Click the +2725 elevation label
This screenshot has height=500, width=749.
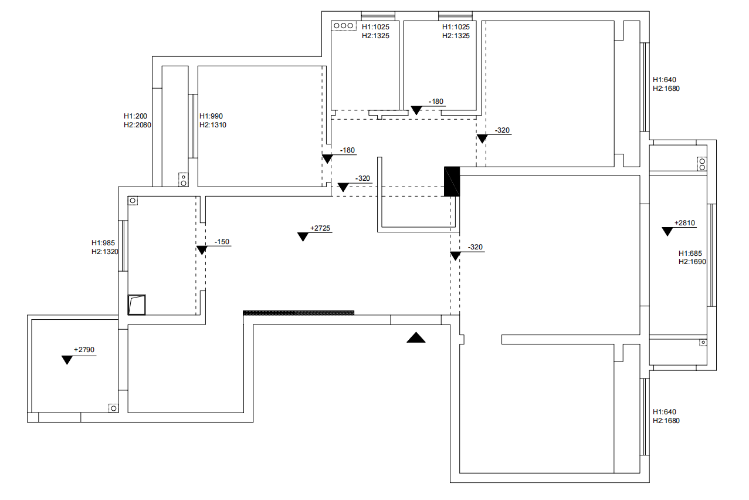click(x=321, y=228)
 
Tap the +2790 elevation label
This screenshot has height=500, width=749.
click(x=84, y=350)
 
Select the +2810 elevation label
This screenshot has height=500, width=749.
click(x=684, y=223)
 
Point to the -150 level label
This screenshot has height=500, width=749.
click(x=222, y=242)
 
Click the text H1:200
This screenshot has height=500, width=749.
click(x=135, y=116)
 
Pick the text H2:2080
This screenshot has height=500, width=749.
click(x=138, y=125)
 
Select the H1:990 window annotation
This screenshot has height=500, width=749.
click(x=211, y=116)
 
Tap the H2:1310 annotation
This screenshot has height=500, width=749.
click(x=213, y=125)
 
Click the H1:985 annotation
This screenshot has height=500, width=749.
click(x=103, y=242)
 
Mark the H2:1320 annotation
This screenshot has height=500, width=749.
click(x=105, y=251)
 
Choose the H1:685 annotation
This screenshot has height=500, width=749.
click(x=690, y=254)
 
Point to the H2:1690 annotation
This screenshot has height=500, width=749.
click(x=692, y=262)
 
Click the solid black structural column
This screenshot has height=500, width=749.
click(x=452, y=181)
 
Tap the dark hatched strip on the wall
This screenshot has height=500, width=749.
click(x=299, y=313)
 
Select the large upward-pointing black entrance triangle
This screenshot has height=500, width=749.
click(x=416, y=337)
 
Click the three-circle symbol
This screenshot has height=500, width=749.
click(x=343, y=26)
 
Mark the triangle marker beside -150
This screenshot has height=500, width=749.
click(x=202, y=250)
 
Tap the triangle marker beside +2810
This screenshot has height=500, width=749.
click(x=667, y=231)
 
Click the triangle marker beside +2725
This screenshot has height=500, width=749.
click(x=303, y=237)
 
